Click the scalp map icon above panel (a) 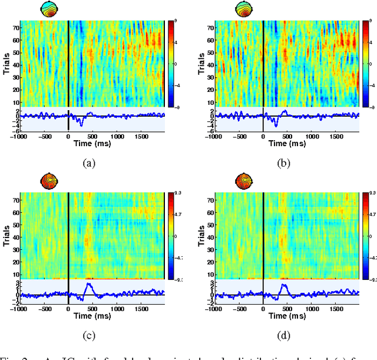(x=49, y=9)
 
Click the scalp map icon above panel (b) (x=244, y=9)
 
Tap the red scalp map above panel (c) (x=49, y=180)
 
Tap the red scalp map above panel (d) (x=244, y=180)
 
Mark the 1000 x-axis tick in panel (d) (x=312, y=308)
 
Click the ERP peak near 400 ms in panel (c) (x=88, y=284)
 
